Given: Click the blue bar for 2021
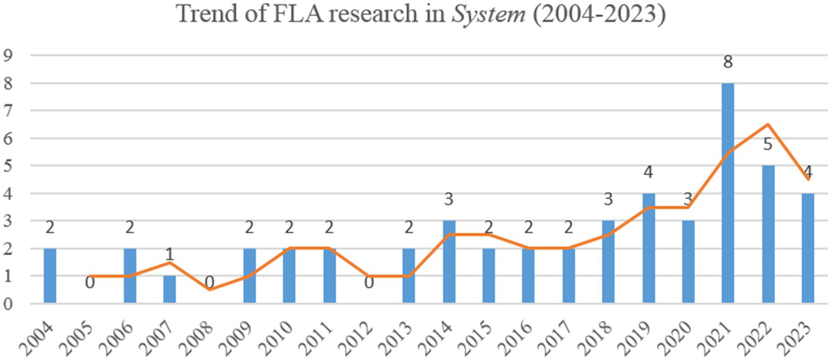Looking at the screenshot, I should (728, 193).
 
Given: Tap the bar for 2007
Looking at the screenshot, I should (169, 289).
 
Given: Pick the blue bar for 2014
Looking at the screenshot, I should (449, 261).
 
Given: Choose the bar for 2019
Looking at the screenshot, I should (649, 248).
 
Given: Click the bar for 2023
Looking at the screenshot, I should (808, 248).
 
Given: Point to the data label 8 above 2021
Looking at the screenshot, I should (728, 62).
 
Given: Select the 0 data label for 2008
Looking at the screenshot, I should (210, 283).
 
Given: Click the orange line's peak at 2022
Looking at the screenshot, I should (768, 124).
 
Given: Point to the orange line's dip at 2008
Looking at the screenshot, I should (210, 289).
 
